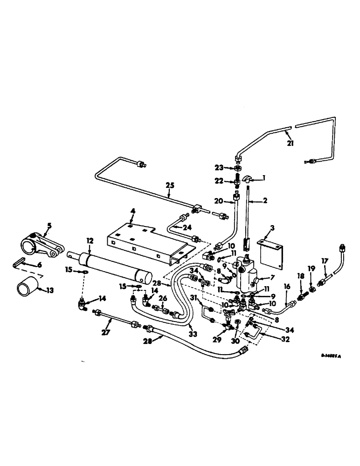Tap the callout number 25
coord(170,185)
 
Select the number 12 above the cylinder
coord(90,241)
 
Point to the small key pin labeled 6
coord(18,264)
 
